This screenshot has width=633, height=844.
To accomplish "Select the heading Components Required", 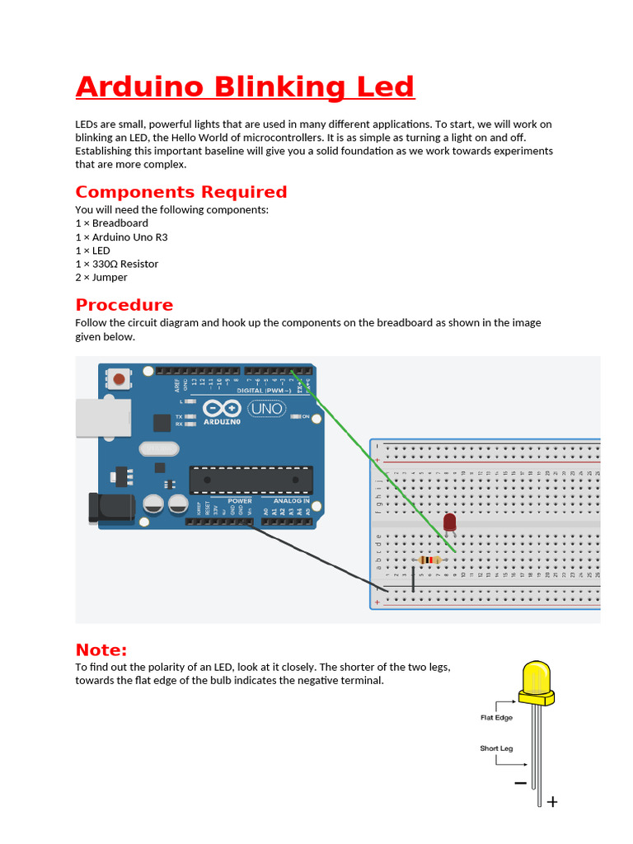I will point(181,192).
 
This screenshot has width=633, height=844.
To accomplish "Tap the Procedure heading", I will point(124,305).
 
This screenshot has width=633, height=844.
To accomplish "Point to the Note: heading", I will point(101,649).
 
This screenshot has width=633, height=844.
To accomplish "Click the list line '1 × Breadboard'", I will point(111,223).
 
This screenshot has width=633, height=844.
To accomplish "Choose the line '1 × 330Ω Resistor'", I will point(116,264).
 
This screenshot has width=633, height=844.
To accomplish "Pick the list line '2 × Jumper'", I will point(101,278).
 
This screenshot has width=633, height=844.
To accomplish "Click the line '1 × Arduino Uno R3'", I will point(121,237).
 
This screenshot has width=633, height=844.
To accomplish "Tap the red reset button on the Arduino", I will point(120,380).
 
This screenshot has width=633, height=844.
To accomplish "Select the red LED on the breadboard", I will point(449,523).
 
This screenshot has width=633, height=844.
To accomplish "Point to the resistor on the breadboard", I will point(429,560).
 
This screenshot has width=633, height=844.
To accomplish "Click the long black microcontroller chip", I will point(239,480).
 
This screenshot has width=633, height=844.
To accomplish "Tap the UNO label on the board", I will point(266,409).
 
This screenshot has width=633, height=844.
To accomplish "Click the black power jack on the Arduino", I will point(104,509).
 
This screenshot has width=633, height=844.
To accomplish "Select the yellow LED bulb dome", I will point(536,678).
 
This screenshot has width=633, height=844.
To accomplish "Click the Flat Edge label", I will point(496,718).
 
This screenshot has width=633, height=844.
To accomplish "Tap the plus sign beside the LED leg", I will point(552,801).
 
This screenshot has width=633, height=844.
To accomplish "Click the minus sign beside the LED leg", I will point(520,783).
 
